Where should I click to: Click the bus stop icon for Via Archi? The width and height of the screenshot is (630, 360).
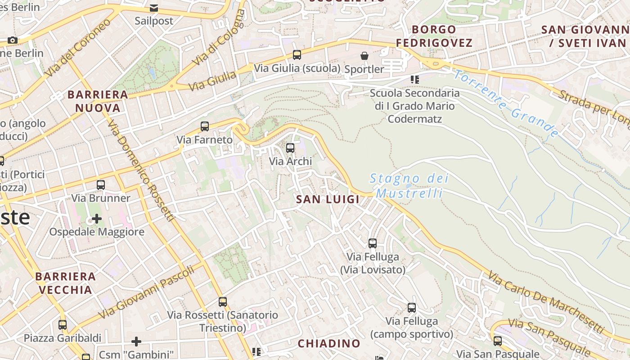290,148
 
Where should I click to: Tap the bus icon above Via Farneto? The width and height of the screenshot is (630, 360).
205,126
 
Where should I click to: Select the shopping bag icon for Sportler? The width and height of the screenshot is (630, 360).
364,56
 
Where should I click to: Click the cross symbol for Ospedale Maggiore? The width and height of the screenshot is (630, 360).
97,219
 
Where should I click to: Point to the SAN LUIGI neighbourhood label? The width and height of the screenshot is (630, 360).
328,199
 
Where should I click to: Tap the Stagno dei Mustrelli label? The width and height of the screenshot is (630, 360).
409,186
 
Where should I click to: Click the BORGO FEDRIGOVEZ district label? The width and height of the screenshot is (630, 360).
434,36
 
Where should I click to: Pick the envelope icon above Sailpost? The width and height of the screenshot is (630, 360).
154,8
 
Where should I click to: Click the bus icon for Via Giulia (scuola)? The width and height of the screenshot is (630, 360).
297,55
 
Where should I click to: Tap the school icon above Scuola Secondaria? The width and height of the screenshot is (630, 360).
414,80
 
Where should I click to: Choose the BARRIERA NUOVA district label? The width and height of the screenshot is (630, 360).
98,101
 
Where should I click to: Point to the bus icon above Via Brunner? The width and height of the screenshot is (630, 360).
101,185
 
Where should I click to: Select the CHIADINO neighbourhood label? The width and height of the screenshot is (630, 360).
329,343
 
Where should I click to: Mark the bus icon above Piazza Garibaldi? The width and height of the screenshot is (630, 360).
63,324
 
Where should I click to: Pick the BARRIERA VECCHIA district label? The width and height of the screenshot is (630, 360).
66,283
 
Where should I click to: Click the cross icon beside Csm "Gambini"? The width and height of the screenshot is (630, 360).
136,342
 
